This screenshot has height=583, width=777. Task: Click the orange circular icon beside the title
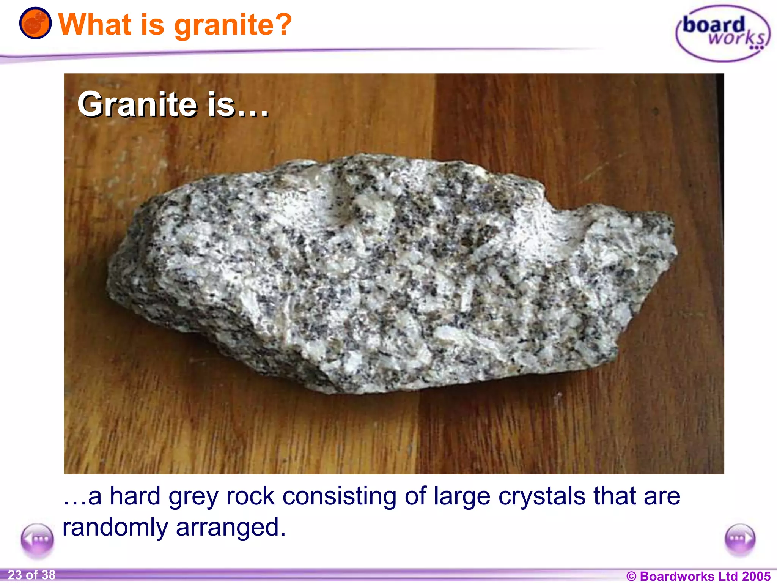click(x=35, y=23)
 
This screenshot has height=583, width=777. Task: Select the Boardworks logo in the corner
click(x=723, y=33)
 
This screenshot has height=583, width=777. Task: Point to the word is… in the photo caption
click(x=238, y=105)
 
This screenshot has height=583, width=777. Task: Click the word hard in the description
click(x=135, y=496)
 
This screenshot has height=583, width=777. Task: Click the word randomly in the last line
click(x=115, y=528)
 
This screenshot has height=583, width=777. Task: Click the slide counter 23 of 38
click(x=31, y=575)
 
